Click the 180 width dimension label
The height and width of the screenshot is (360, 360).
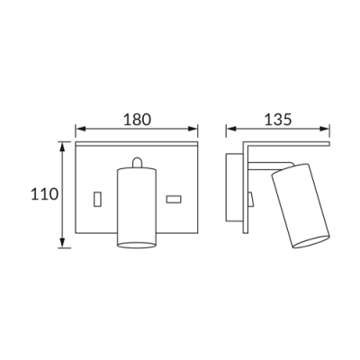(x=137, y=119)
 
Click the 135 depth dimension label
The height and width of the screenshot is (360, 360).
(x=277, y=119)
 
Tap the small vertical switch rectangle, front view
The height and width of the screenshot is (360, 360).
(x=96, y=196)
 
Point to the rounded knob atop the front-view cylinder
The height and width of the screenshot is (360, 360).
(x=136, y=162)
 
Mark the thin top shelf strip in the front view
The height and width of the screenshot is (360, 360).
(x=136, y=144)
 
